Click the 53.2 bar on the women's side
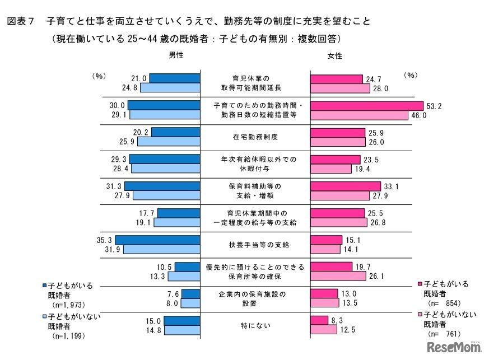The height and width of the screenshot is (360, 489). pyautogui.click(x=367, y=106)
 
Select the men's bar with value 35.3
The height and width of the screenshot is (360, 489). pyautogui.click(x=157, y=240)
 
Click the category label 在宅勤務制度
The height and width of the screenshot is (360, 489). pyautogui.click(x=255, y=136)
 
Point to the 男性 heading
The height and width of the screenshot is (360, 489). pyautogui.click(x=176, y=56)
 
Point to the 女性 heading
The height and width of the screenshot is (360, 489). pyautogui.click(x=334, y=56)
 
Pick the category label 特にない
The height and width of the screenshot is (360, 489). pyautogui.click(x=255, y=325)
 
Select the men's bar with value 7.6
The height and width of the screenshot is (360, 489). pyautogui.click(x=190, y=294)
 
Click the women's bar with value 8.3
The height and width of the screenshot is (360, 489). pyautogui.click(x=319, y=321)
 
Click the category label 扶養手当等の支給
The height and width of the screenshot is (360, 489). pyautogui.click(x=255, y=245)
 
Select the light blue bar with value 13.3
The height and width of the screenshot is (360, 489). pyautogui.click(x=184, y=276)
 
